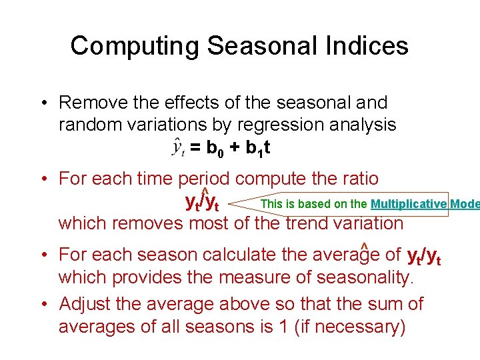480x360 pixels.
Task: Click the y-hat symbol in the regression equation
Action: [178, 147]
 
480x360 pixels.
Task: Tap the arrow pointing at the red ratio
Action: [243, 202]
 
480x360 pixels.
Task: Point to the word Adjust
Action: [85, 305]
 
